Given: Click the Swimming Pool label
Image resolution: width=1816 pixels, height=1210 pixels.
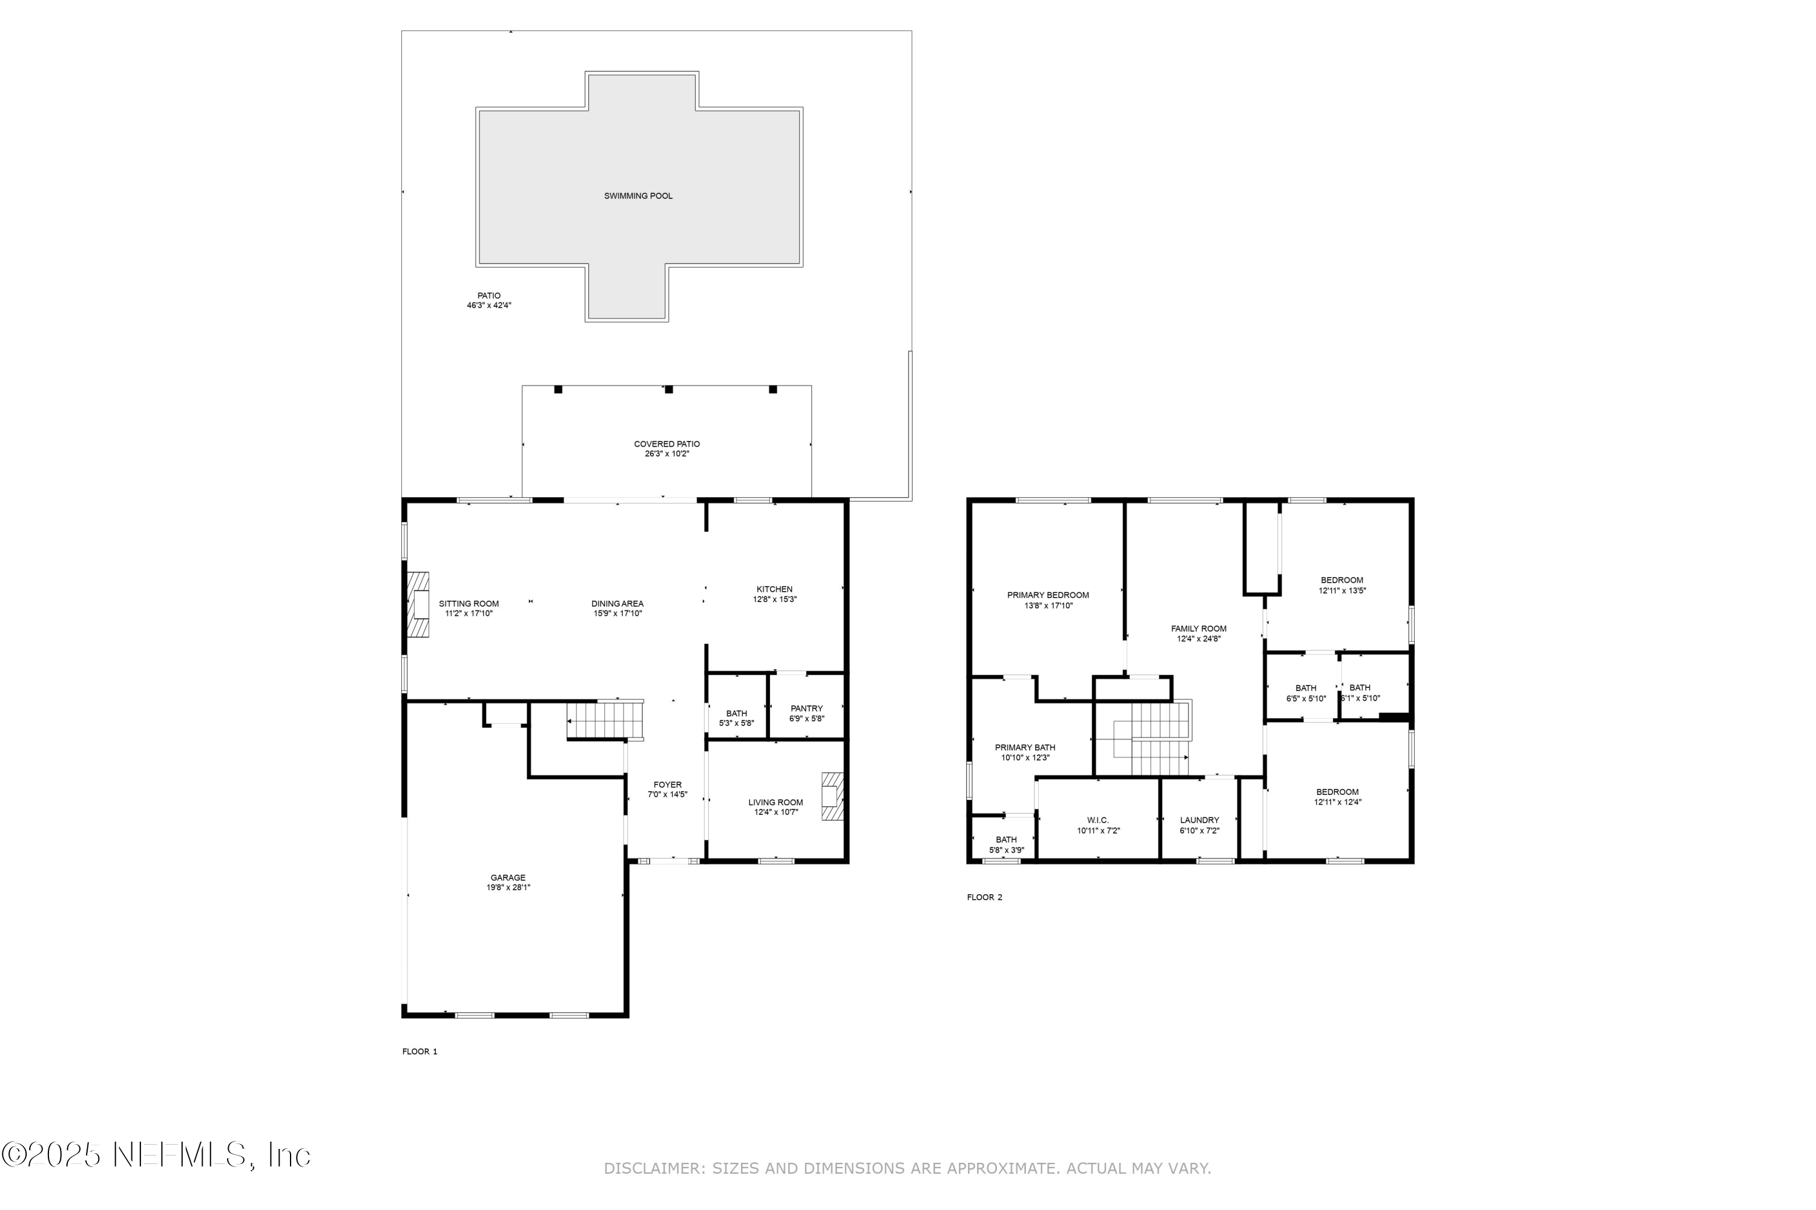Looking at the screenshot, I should [638, 196].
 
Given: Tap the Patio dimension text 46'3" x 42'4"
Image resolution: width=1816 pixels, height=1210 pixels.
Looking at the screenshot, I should [489, 306].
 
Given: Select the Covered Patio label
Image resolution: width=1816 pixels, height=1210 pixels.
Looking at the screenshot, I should [666, 445].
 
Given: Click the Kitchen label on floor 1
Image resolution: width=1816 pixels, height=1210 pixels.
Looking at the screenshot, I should [774, 589].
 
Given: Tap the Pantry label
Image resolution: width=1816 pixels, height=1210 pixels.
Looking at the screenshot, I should [806, 708].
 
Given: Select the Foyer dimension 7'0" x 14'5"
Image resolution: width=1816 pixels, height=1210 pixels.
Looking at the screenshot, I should [667, 795].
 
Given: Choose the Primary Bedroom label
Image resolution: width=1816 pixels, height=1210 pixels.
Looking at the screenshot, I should [1048, 595].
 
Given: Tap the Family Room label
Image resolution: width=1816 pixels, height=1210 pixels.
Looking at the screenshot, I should [1199, 629].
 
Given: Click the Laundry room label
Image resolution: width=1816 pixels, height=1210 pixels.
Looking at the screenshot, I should [1199, 820].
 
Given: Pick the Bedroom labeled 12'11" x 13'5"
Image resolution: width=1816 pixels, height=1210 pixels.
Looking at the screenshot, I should [1342, 580].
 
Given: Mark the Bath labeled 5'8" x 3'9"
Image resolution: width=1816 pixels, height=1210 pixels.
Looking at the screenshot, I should [1006, 840].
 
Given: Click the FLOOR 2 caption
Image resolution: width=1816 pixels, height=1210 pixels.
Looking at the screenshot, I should [984, 897].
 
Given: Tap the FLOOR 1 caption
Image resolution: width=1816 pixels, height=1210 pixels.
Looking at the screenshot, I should [419, 1052].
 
